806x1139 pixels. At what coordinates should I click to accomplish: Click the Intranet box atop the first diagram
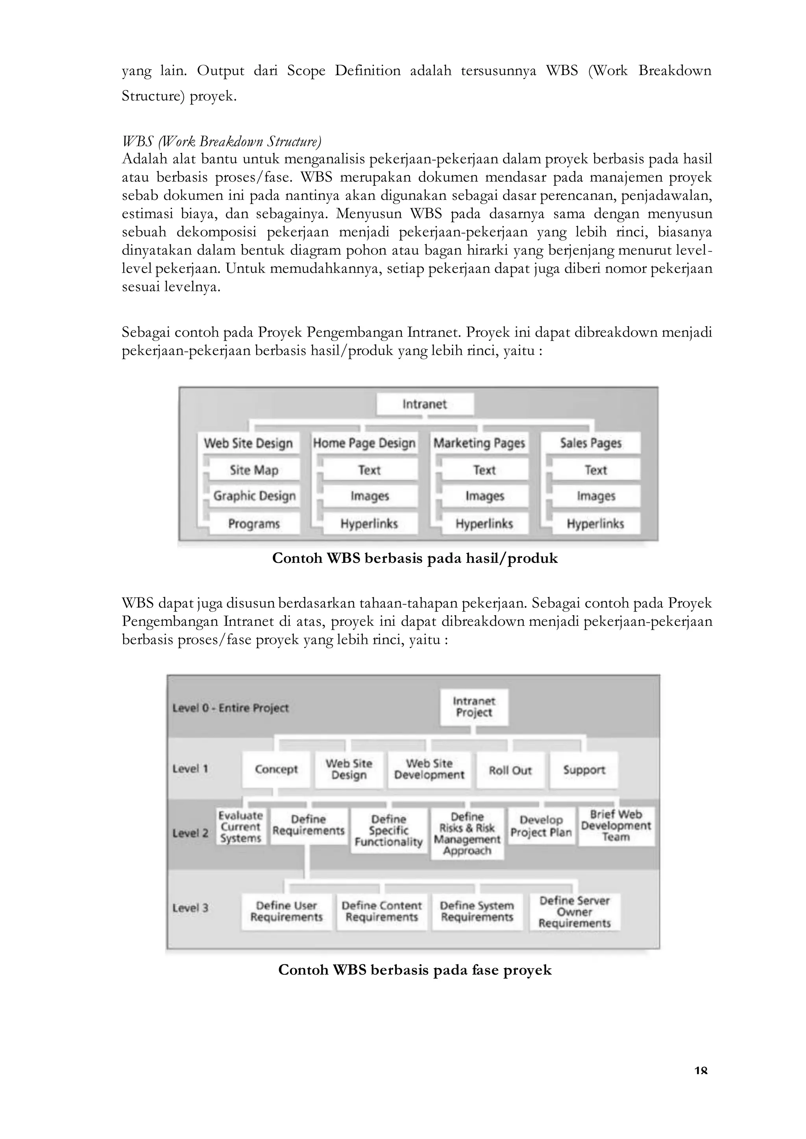click(x=425, y=404)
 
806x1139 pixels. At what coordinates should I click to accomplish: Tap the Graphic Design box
click(x=254, y=496)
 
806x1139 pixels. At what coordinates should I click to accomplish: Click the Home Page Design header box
click(x=364, y=443)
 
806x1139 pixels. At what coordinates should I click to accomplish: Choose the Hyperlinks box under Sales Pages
click(x=595, y=523)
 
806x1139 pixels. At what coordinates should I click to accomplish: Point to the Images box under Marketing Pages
click(x=484, y=496)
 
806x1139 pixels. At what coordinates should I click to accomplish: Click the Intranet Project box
click(x=474, y=707)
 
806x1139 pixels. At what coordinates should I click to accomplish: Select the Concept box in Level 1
click(x=276, y=769)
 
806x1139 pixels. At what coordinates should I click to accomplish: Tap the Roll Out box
click(x=510, y=770)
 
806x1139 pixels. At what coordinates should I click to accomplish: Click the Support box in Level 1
click(x=584, y=770)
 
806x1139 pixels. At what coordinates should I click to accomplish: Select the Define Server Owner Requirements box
click(x=574, y=912)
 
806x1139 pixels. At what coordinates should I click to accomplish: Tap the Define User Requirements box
click(x=287, y=911)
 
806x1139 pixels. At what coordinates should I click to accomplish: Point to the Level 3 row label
click(x=190, y=908)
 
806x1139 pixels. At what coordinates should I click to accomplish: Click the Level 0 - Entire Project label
click(x=230, y=708)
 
